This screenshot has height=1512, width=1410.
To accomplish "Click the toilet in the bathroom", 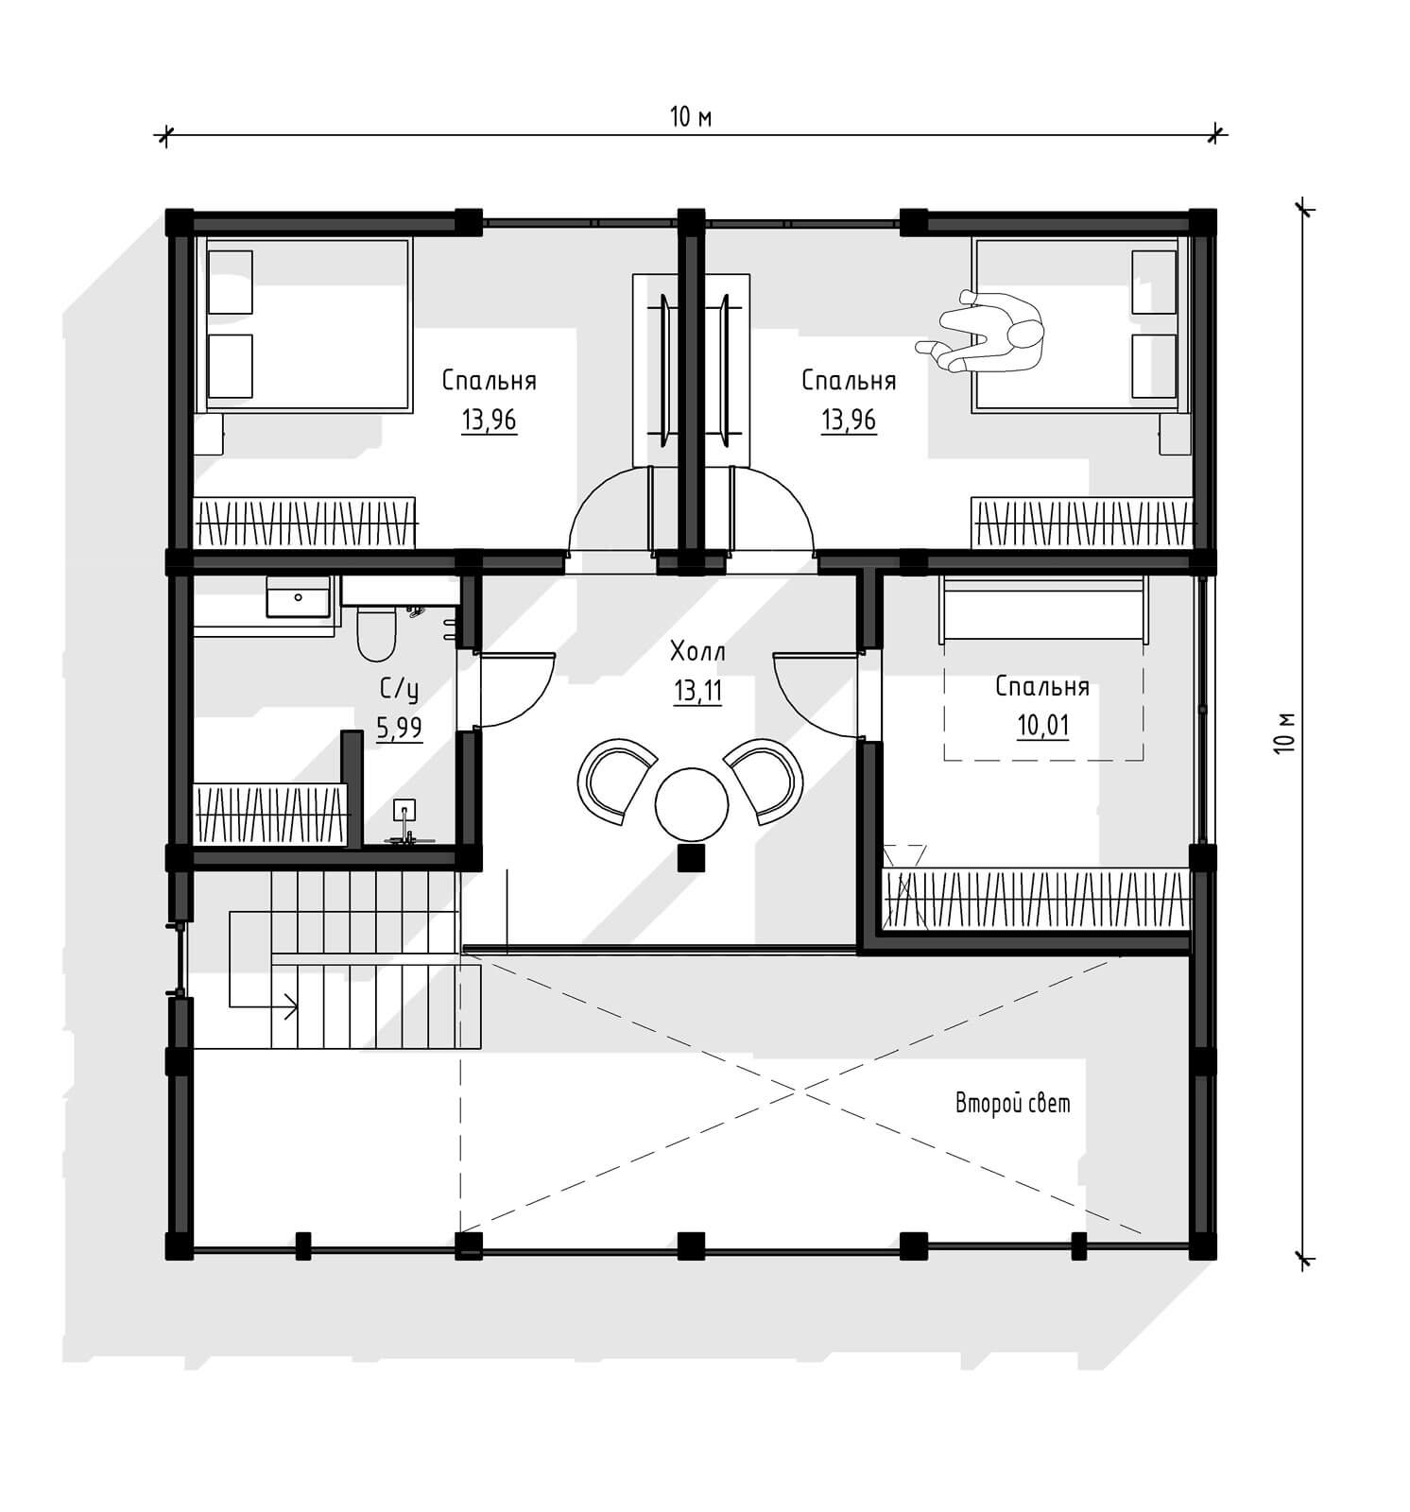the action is pyautogui.click(x=376, y=634).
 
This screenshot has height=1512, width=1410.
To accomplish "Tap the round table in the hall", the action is pyautogui.click(x=692, y=804).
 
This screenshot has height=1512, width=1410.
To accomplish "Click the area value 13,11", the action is pyautogui.click(x=697, y=692).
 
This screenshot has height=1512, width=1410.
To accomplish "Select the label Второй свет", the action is pyautogui.click(x=1012, y=1103).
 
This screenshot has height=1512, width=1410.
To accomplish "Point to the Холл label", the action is pyautogui.click(x=697, y=651).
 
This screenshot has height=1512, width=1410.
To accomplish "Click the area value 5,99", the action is pyautogui.click(x=399, y=728).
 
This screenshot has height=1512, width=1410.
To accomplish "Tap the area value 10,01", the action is pyautogui.click(x=1043, y=726).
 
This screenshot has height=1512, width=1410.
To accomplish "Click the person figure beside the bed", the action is pyautogui.click(x=983, y=334).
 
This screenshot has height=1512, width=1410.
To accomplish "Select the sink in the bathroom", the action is pyautogui.click(x=299, y=597).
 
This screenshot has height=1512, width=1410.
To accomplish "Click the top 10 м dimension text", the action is pyautogui.click(x=691, y=117).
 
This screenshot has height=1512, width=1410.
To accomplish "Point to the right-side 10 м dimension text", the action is pyautogui.click(x=1281, y=731).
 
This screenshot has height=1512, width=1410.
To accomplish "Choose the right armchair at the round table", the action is pyautogui.click(x=765, y=781).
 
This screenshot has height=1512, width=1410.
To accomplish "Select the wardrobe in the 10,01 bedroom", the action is pyautogui.click(x=1036, y=898).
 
